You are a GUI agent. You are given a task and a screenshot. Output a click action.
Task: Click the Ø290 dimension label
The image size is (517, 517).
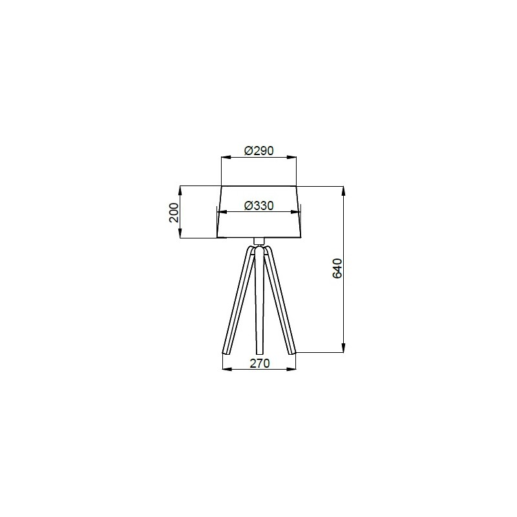pos(259,151)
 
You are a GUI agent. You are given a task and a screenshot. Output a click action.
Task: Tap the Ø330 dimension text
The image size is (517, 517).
pos(259,206)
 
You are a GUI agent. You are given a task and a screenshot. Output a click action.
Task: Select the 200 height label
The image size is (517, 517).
pos(174,213)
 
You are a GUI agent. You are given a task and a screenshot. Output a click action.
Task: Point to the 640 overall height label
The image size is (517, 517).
pos(337,268)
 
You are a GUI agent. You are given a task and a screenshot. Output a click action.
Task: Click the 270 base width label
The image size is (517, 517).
pos(260,363)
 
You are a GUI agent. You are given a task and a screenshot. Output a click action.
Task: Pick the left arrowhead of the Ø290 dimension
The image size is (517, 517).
pos(226,157)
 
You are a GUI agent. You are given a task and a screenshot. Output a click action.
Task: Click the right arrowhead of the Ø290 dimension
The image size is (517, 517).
pos(291,157)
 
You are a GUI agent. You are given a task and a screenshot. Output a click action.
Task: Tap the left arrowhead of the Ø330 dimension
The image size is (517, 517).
pos(222,213)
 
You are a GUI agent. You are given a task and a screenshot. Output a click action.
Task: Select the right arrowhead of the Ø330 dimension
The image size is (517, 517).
pos(296,213)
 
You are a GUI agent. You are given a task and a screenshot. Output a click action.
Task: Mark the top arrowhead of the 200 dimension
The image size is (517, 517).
pos(180,191)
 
